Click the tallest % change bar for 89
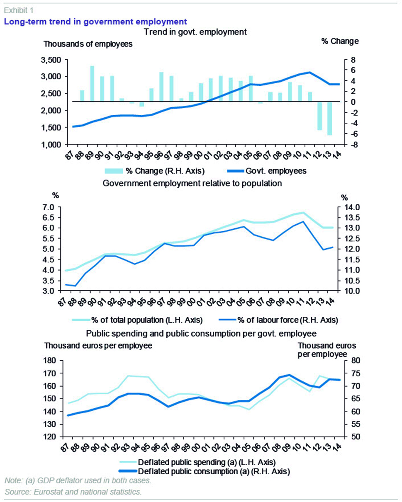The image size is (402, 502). coord(92,84)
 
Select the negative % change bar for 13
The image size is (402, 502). coord(329,118)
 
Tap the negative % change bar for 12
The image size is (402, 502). coord(319,116)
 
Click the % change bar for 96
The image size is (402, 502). coord(161,87)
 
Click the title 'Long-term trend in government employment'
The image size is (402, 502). coord(95,21)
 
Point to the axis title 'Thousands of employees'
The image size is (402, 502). coord(88,44)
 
